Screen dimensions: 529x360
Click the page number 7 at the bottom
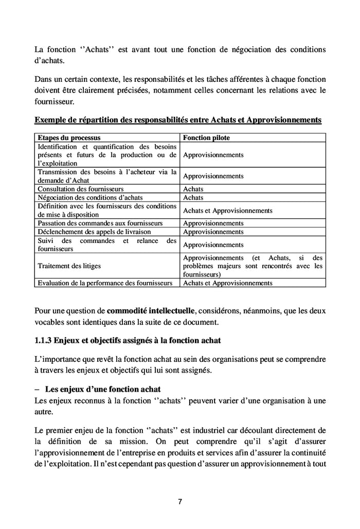coord(180,502)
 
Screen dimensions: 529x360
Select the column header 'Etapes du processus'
coord(69,138)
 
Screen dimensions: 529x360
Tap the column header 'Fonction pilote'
coord(206,138)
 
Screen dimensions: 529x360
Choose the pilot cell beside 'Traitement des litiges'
coord(253,266)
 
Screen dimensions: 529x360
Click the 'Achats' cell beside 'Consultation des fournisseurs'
coord(193,189)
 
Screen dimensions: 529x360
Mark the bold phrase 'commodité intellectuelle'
coord(151,311)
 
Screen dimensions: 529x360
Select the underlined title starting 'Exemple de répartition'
coord(178,120)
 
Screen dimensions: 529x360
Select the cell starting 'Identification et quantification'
coord(107,154)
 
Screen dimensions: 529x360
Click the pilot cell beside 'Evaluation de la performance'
coord(227,283)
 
